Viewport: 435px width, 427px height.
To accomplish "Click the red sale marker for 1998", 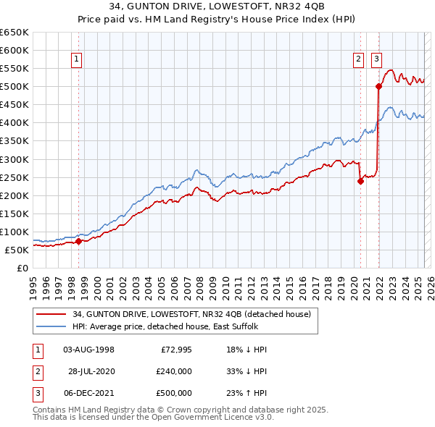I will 78,242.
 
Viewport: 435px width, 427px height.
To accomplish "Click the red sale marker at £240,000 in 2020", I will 360,182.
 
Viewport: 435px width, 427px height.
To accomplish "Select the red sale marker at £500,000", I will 378,87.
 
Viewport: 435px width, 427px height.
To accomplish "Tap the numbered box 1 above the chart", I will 77,60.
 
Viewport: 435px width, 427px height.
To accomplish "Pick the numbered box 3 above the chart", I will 377,60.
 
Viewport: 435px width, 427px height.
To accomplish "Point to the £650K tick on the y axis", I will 14,33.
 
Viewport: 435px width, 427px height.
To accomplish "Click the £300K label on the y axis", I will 14,159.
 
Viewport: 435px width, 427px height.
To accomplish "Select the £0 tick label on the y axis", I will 22,268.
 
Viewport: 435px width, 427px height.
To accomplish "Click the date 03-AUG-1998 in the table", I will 89,350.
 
